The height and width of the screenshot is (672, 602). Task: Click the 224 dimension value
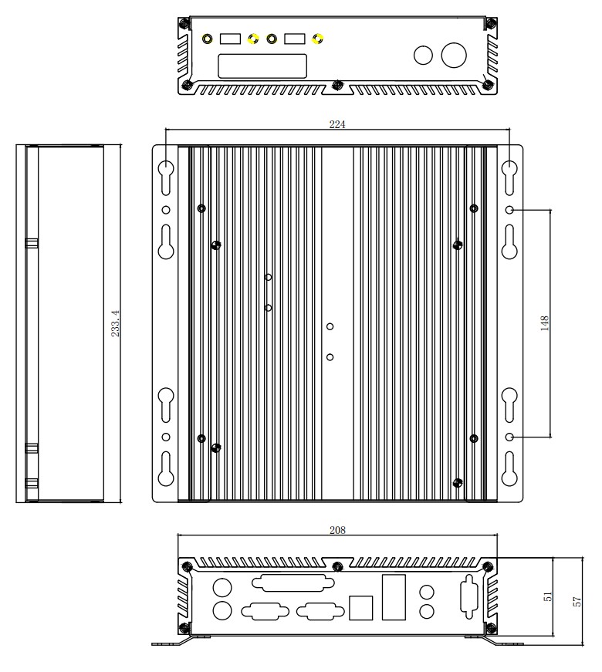pyautogui.click(x=337, y=124)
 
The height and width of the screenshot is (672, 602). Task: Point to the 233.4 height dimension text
pyautogui.click(x=115, y=323)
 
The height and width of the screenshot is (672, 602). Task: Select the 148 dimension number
pyautogui.click(x=545, y=323)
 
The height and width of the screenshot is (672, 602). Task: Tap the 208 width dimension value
pyautogui.click(x=337, y=530)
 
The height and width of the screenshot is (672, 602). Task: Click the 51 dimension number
pyautogui.click(x=547, y=596)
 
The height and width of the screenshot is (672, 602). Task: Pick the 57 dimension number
pyautogui.click(x=577, y=601)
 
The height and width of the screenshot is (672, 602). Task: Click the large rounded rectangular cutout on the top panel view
pyautogui.click(x=262, y=66)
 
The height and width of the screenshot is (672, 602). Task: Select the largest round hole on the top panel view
pyautogui.click(x=454, y=55)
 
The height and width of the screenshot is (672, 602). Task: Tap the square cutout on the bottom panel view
pyautogui.click(x=360, y=608)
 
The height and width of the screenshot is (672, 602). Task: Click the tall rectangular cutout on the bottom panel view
pyautogui.click(x=394, y=597)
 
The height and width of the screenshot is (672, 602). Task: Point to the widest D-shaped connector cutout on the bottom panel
pyautogui.click(x=293, y=583)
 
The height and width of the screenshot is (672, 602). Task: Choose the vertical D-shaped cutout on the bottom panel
pyautogui.click(x=468, y=597)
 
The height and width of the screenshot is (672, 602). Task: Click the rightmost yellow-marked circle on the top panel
pyautogui.click(x=317, y=39)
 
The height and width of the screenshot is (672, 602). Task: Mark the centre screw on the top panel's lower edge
pyautogui.click(x=338, y=85)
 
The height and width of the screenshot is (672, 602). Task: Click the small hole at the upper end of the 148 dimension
pyautogui.click(x=510, y=210)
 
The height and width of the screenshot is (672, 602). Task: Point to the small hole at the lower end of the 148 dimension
pyautogui.click(x=510, y=437)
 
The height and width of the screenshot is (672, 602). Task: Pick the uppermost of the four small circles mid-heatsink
pyautogui.click(x=269, y=277)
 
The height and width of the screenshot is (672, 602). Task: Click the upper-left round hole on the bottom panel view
pyautogui.click(x=222, y=587)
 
